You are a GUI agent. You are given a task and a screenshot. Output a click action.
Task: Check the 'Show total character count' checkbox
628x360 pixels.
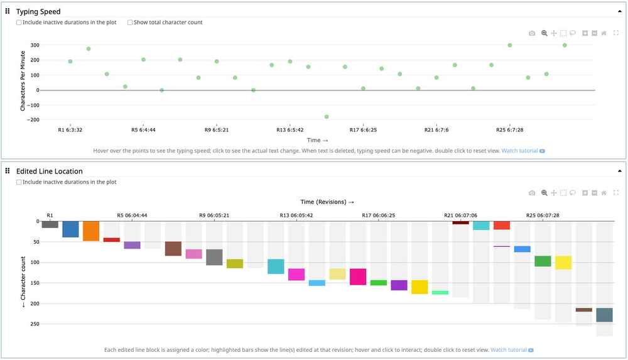pos(130,23)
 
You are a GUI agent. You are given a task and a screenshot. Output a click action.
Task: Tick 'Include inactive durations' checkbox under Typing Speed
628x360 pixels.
pos(19,23)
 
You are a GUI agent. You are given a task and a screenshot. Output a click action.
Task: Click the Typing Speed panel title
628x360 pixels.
pos(38,11)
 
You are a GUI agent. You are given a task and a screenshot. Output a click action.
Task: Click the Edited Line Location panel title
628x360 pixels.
pos(49,171)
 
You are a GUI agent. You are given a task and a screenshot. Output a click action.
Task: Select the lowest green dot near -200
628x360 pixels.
pos(327,117)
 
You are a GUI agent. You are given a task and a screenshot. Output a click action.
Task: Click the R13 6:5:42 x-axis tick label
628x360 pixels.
pos(290,130)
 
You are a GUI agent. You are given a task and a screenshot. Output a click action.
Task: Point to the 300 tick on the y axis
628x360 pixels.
pos(35,45)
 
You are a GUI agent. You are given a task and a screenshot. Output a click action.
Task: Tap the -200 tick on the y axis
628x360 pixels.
pos(33,119)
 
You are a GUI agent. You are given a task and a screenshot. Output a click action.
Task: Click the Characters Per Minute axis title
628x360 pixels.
pos(23,82)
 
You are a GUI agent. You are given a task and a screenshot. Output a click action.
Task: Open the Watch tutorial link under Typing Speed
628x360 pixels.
pos(519,151)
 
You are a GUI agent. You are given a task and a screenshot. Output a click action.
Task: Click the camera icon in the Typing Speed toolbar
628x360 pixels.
pos(532,33)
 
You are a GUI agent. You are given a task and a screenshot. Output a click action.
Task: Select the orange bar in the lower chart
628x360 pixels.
pos(91,231)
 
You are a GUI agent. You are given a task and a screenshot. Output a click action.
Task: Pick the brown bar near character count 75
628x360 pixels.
pos(173,248)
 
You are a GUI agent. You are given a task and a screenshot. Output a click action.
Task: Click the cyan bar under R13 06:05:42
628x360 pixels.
pos(276,266)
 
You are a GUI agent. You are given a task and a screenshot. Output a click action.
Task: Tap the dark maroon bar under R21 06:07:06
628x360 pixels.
pos(460,222)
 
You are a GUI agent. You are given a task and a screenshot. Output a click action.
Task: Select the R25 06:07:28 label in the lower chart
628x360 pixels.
pos(543,215)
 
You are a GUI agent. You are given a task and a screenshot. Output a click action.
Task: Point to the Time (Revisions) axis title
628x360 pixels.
pos(327,202)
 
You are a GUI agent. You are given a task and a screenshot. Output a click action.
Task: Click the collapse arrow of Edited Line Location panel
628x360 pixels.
pos(620,171)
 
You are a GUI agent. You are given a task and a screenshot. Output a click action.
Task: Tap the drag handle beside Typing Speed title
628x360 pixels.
pos(8,11)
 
